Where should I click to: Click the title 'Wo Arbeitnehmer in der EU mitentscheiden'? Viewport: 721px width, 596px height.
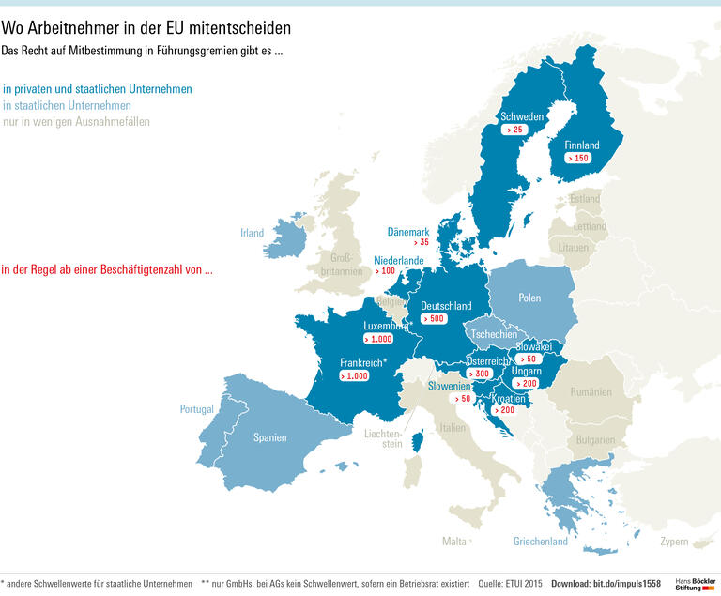[x=146, y=29]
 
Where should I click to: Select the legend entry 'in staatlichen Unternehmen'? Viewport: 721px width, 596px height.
[x=67, y=106]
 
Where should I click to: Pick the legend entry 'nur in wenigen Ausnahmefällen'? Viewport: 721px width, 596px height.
[x=76, y=122]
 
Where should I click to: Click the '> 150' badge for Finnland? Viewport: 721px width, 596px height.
[x=576, y=159]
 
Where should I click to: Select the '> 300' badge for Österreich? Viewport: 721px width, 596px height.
[x=483, y=374]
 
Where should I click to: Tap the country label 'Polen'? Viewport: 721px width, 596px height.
[x=529, y=298]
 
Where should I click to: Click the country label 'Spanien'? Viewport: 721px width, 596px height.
[x=269, y=437]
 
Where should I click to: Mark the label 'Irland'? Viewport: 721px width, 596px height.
[x=252, y=234]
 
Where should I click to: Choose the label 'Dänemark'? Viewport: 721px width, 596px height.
[x=408, y=232]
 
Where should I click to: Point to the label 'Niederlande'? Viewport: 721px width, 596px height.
[x=398, y=260]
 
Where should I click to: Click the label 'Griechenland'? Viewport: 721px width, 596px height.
[x=540, y=542]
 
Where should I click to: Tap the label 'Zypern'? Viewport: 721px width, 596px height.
[x=673, y=542]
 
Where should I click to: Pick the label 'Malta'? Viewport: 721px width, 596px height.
[x=453, y=542]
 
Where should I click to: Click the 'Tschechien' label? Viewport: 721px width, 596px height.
[x=493, y=334]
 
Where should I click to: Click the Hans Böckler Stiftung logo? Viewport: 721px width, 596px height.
[x=696, y=584]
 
